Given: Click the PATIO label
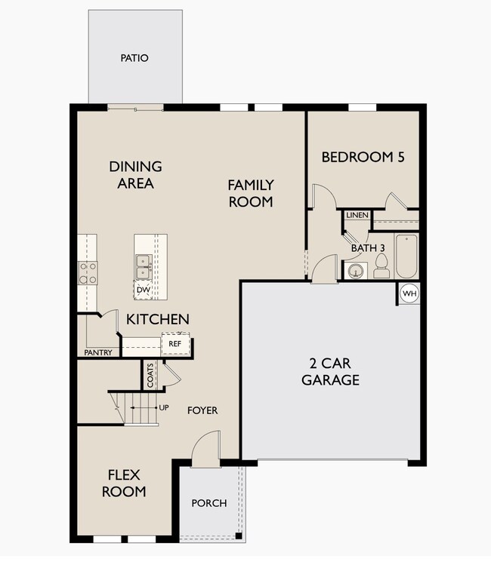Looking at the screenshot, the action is click(x=134, y=58).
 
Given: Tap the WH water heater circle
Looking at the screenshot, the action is click(x=409, y=293).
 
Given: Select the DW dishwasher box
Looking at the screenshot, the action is click(x=144, y=290).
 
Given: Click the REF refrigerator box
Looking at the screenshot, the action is click(x=175, y=344).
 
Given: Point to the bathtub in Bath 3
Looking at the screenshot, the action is click(x=406, y=256).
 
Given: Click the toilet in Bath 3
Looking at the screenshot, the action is click(x=381, y=266).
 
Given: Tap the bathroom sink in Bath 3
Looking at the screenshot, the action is click(x=355, y=271).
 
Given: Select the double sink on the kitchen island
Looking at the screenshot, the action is click(x=144, y=266).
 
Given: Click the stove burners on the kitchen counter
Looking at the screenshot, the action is click(x=88, y=273).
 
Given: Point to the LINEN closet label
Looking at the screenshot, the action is click(x=357, y=215).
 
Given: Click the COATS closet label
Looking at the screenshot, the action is click(x=150, y=375).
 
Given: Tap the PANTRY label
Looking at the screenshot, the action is click(x=98, y=353).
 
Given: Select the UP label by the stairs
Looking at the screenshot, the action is click(x=164, y=408).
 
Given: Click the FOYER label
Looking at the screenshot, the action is click(x=202, y=410).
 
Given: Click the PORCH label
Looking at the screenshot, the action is click(x=209, y=503).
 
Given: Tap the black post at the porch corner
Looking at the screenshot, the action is click(x=238, y=536).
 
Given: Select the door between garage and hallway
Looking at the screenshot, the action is click(x=325, y=269).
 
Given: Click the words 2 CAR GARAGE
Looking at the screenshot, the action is click(x=330, y=372).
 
